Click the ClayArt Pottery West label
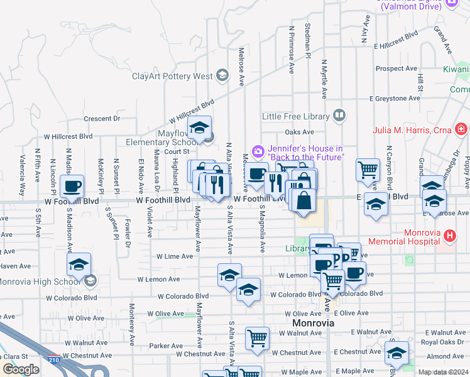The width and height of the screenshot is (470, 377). (173, 77)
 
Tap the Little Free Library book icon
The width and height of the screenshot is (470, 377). (339, 116)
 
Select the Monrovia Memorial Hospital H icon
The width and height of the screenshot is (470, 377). (449, 236)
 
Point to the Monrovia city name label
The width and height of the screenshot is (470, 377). (317, 323)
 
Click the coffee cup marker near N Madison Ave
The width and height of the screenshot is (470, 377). (73, 187)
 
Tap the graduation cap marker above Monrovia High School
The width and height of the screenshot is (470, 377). (79, 265)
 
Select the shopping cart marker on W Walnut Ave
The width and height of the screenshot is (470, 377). (257, 339)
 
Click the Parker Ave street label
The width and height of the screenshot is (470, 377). (166, 346)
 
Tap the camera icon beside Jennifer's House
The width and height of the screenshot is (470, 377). (258, 151)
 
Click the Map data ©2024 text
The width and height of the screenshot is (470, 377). (443, 372)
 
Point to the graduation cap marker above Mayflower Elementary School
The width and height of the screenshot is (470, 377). (200, 128)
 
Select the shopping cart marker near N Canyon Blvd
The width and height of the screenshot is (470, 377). (368, 170)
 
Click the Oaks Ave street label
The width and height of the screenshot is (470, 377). (299, 132)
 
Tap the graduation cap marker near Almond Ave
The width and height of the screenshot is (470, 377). (396, 353)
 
